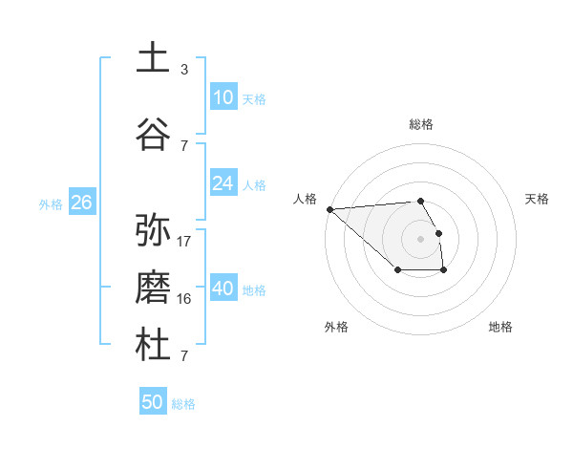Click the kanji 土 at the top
click(x=153, y=57)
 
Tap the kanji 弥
click(x=153, y=230)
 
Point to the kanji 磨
click(x=153, y=288)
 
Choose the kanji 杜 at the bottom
click(x=153, y=345)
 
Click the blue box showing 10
click(x=223, y=97)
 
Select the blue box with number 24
click(x=223, y=183)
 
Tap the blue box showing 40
click(x=223, y=289)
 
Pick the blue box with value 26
click(x=81, y=203)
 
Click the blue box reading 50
click(x=153, y=402)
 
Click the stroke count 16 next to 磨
click(x=184, y=299)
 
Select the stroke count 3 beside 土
click(x=184, y=70)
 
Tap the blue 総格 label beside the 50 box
click(x=183, y=404)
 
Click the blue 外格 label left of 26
click(x=51, y=203)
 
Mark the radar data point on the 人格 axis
click(x=329, y=209)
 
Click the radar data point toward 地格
click(x=444, y=271)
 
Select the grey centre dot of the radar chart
click(x=420, y=238)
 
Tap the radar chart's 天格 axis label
click(x=538, y=199)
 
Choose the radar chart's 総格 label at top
click(x=420, y=124)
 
